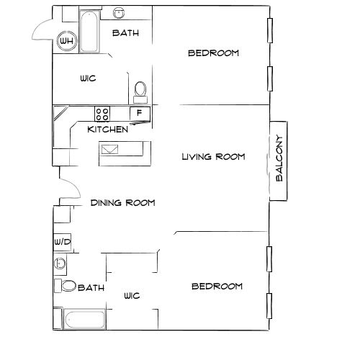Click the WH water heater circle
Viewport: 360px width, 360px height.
(67, 41)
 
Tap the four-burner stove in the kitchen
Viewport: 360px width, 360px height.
(103, 113)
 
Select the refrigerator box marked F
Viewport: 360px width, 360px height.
(139, 113)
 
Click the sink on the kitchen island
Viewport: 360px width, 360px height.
(112, 150)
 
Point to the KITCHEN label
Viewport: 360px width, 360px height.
(108, 130)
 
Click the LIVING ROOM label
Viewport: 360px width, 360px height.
(213, 156)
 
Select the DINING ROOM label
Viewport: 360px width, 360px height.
(123, 203)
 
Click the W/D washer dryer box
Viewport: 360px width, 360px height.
(62, 241)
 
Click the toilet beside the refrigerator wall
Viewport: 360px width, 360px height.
(140, 90)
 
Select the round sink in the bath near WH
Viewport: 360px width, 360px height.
(117, 14)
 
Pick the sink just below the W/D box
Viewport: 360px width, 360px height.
(59, 264)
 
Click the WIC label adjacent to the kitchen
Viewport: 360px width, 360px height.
(89, 78)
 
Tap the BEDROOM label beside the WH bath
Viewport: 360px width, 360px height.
(213, 53)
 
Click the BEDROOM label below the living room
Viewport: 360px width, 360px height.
(217, 287)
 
